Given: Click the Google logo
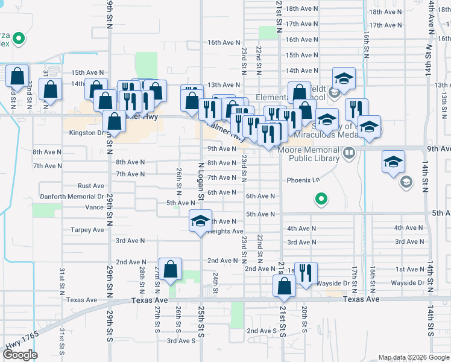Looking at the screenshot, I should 20,355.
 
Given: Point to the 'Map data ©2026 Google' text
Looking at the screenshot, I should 413,357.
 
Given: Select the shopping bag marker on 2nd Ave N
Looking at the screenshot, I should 171,270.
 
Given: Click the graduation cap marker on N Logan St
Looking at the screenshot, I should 201,221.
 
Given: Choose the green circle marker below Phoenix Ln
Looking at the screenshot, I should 321,198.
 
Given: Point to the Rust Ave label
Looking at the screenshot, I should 90,186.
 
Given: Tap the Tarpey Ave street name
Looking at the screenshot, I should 87,230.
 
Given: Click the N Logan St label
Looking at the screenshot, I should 201,177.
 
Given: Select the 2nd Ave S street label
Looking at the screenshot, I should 262,331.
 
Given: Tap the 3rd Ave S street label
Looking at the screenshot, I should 181,341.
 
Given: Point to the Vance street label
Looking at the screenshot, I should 94,207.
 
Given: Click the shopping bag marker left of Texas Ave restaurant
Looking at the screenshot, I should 284,286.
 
